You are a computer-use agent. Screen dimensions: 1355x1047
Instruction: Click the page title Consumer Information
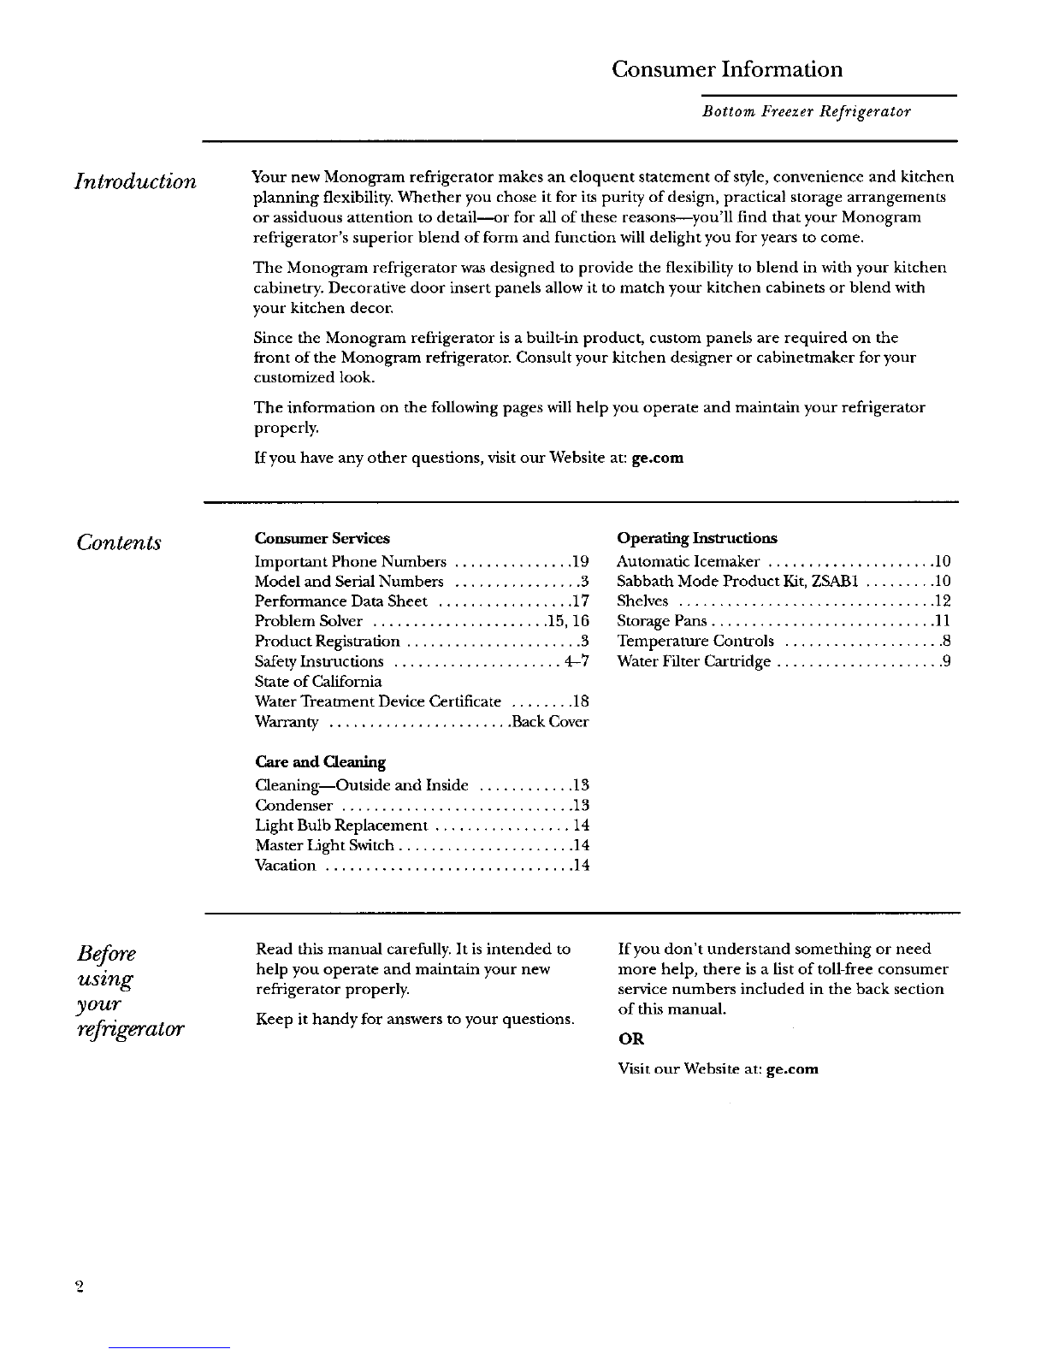(x=727, y=69)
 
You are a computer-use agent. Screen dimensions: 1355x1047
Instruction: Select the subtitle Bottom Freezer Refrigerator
(x=806, y=112)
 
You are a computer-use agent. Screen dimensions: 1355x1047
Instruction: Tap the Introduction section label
(x=135, y=181)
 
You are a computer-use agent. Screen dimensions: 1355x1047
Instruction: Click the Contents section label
(x=119, y=542)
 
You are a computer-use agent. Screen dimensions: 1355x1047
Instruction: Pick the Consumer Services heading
(x=322, y=538)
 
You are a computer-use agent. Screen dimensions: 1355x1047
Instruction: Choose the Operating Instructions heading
(x=697, y=538)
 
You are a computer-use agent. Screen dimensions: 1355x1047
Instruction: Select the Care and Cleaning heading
(x=321, y=761)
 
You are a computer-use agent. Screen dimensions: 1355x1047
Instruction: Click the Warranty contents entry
(x=287, y=722)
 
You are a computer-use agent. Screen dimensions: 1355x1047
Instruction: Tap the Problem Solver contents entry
(x=309, y=621)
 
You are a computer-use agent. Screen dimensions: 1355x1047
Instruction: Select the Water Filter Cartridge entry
(x=695, y=661)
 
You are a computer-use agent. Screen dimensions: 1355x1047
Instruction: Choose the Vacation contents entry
(x=286, y=866)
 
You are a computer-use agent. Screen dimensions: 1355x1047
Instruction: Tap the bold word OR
(x=630, y=1039)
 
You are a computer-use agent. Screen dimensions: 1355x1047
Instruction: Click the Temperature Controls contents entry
(x=695, y=642)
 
